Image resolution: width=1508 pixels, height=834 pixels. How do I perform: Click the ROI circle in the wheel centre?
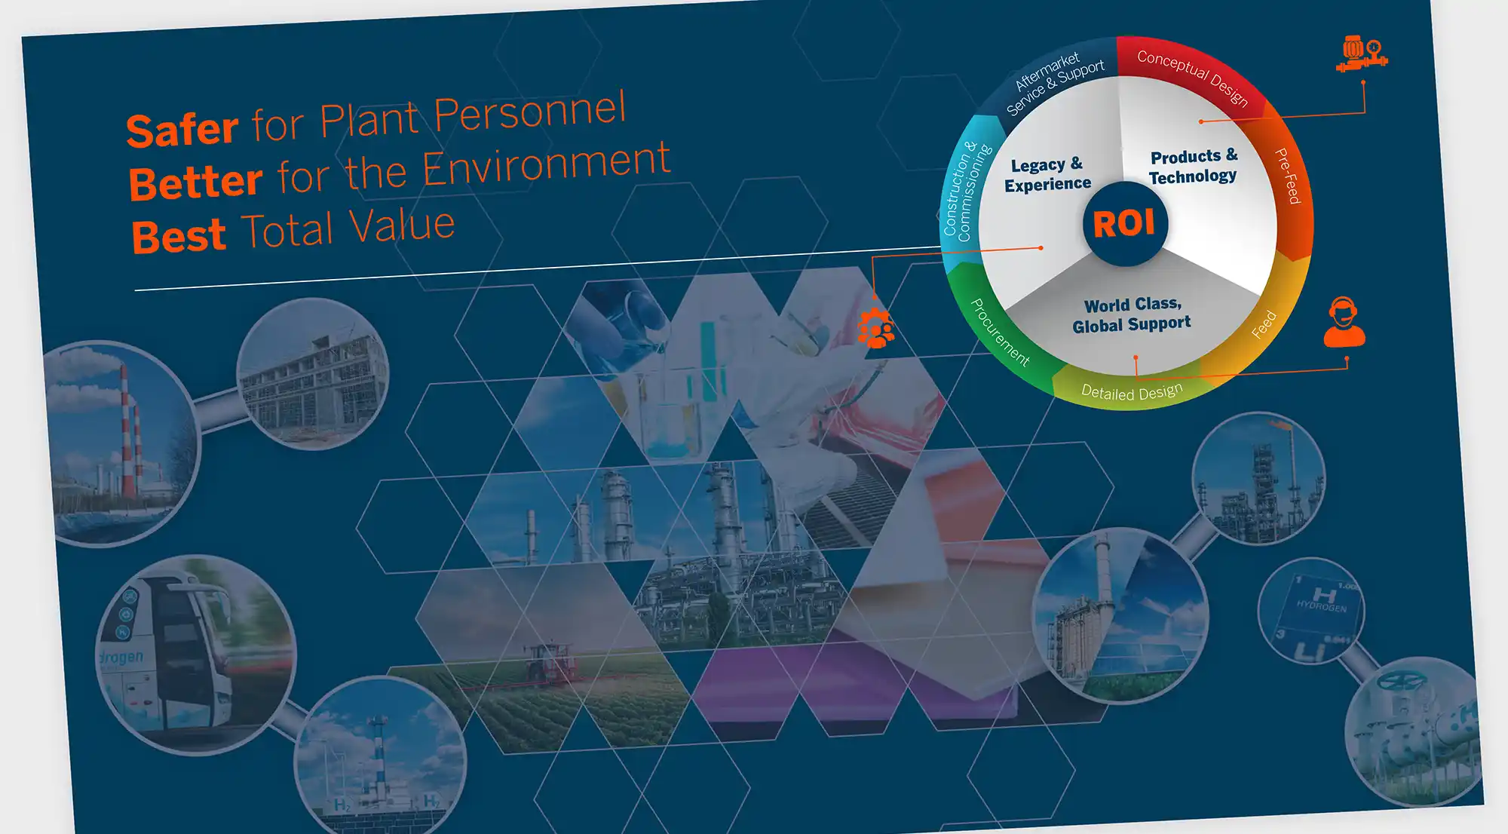(1125, 223)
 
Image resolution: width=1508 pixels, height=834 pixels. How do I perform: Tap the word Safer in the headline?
(182, 130)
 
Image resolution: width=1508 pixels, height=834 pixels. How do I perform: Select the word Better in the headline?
(195, 182)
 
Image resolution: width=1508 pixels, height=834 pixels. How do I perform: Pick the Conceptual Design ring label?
(1193, 78)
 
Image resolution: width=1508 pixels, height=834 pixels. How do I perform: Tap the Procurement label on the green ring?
(1000, 333)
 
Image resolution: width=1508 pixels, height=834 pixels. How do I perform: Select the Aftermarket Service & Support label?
(1055, 83)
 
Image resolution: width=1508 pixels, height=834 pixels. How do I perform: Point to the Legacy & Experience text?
(1047, 174)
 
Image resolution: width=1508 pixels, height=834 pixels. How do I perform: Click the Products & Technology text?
(1193, 166)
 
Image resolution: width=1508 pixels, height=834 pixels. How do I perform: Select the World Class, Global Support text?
(1132, 314)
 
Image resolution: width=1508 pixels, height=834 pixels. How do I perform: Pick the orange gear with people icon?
(876, 328)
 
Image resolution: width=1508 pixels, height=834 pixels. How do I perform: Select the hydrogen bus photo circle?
(195, 655)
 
